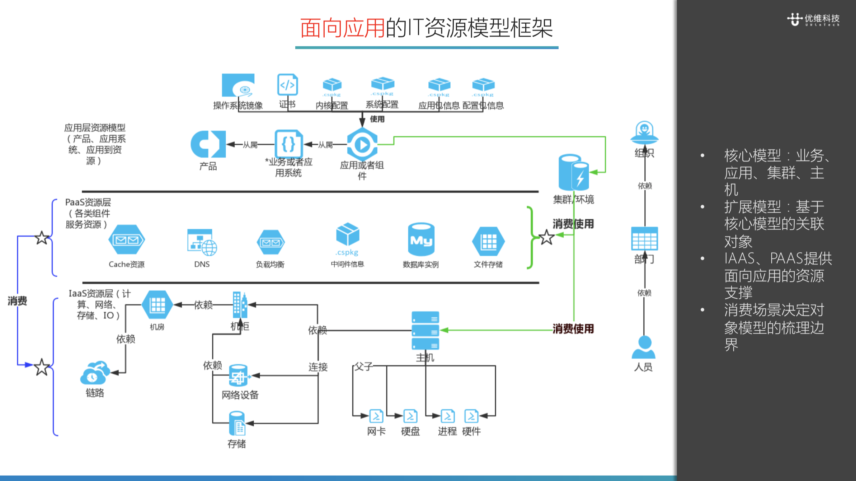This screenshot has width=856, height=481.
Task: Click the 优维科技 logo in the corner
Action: click(813, 19)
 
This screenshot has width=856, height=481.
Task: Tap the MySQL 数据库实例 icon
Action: click(421, 240)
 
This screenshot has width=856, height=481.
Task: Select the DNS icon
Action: click(202, 242)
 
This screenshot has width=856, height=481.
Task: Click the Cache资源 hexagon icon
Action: click(127, 240)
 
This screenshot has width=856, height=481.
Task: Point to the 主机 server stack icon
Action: click(425, 331)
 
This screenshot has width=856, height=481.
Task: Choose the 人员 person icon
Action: click(644, 347)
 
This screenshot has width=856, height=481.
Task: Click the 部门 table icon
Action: click(644, 239)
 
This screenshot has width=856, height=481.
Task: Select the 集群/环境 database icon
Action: click(574, 173)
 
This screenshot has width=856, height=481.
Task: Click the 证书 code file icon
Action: click(287, 85)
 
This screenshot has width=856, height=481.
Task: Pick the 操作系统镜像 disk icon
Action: click(238, 85)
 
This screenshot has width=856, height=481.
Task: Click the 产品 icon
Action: click(208, 144)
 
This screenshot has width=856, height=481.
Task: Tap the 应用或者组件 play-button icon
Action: click(362, 145)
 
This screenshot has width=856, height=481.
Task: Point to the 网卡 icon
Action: click(376, 416)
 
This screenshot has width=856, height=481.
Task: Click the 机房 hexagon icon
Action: click(157, 305)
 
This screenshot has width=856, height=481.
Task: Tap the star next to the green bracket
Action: click(547, 237)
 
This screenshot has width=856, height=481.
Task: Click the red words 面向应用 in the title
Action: click(342, 28)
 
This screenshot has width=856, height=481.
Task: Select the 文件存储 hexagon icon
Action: click(488, 242)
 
